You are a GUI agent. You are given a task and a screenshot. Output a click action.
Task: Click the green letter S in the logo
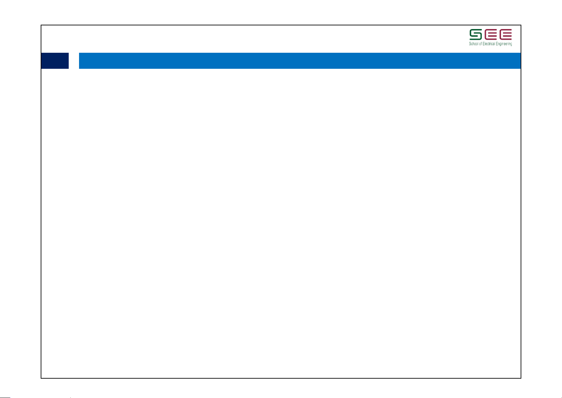(x=475, y=34)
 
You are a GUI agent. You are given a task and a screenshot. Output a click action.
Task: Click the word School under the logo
(x=473, y=44)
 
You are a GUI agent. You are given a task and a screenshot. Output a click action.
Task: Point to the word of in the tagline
(x=480, y=44)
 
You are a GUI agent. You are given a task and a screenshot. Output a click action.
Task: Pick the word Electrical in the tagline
(x=489, y=44)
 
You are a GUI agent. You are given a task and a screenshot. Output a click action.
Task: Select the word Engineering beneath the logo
(x=504, y=44)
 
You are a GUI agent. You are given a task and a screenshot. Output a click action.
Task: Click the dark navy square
(x=55, y=61)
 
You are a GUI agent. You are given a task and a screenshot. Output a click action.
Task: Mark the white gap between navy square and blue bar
(x=74, y=61)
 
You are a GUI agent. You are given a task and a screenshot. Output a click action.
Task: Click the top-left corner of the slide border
(x=41, y=25)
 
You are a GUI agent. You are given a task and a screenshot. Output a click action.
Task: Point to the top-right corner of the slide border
(x=521, y=25)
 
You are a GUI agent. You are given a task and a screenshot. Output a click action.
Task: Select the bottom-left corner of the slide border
(x=41, y=378)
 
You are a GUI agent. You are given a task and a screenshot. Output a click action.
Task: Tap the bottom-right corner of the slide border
(x=521, y=378)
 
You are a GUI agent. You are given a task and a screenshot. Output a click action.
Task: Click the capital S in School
(x=470, y=44)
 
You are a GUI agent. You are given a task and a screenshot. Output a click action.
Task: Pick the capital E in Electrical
(x=484, y=44)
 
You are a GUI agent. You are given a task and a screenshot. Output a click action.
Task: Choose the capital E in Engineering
(x=497, y=44)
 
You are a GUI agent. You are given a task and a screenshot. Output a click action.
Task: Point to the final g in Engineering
(x=511, y=44)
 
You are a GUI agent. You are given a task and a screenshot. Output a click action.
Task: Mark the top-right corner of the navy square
(x=68, y=53)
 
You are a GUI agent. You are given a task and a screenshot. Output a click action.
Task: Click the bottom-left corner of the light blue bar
(x=79, y=68)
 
